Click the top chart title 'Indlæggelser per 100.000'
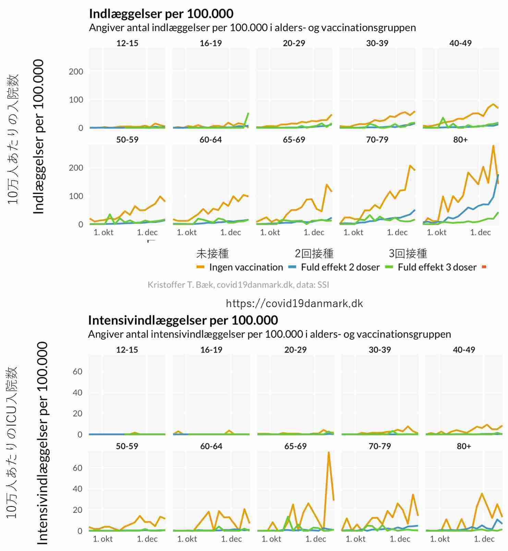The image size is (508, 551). (161, 14)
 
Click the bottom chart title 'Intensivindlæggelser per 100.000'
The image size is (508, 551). (183, 320)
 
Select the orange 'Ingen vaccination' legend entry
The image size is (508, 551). (240, 267)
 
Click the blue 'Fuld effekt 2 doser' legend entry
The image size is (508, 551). (334, 267)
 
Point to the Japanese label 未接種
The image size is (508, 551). (212, 254)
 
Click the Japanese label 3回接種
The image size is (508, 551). (408, 254)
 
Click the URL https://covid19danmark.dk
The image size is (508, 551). (294, 303)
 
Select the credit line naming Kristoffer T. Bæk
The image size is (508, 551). (238, 285)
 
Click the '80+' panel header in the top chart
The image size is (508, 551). (460, 140)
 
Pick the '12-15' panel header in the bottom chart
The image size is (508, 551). (127, 350)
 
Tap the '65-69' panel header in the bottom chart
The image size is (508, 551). (295, 446)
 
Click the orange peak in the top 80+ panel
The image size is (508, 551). (493, 146)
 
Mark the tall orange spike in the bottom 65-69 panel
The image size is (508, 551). (328, 453)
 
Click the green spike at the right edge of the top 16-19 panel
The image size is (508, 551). (248, 113)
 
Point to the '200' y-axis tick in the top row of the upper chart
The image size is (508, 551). (76, 72)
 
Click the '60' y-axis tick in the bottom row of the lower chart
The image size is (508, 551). (77, 468)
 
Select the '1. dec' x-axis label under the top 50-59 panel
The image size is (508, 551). (147, 232)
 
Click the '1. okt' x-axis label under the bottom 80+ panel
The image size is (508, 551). (440, 539)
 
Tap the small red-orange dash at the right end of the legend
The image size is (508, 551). (484, 267)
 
